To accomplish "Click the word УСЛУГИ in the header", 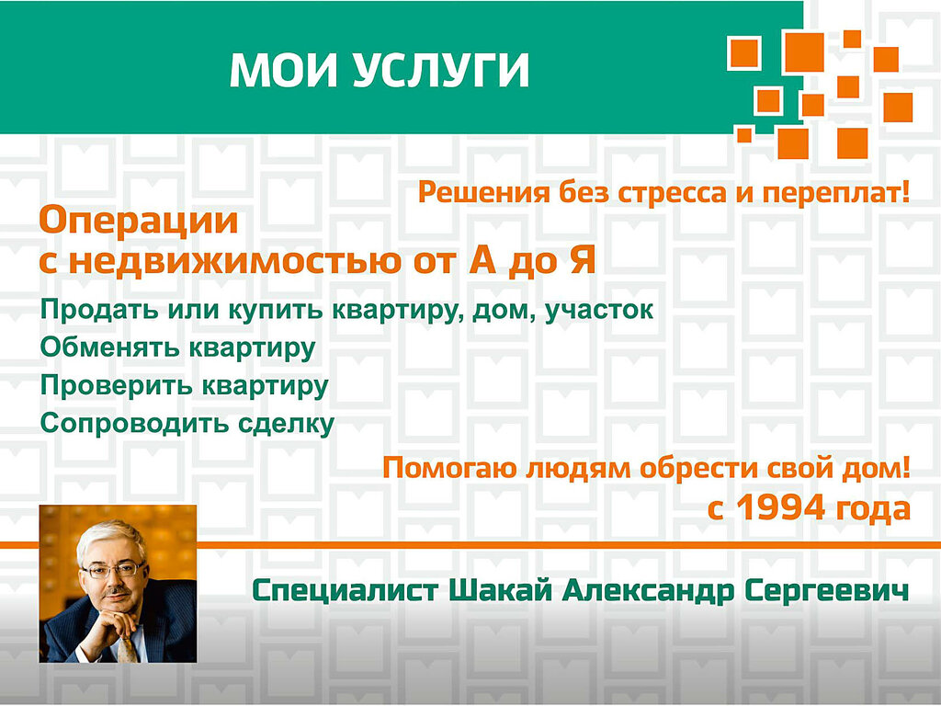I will click(441, 71).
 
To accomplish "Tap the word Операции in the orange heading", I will click(138, 222).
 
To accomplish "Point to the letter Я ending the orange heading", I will click(580, 261).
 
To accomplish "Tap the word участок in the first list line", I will click(598, 311).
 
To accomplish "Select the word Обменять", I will click(110, 347).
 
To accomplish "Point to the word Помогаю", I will click(449, 469).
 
